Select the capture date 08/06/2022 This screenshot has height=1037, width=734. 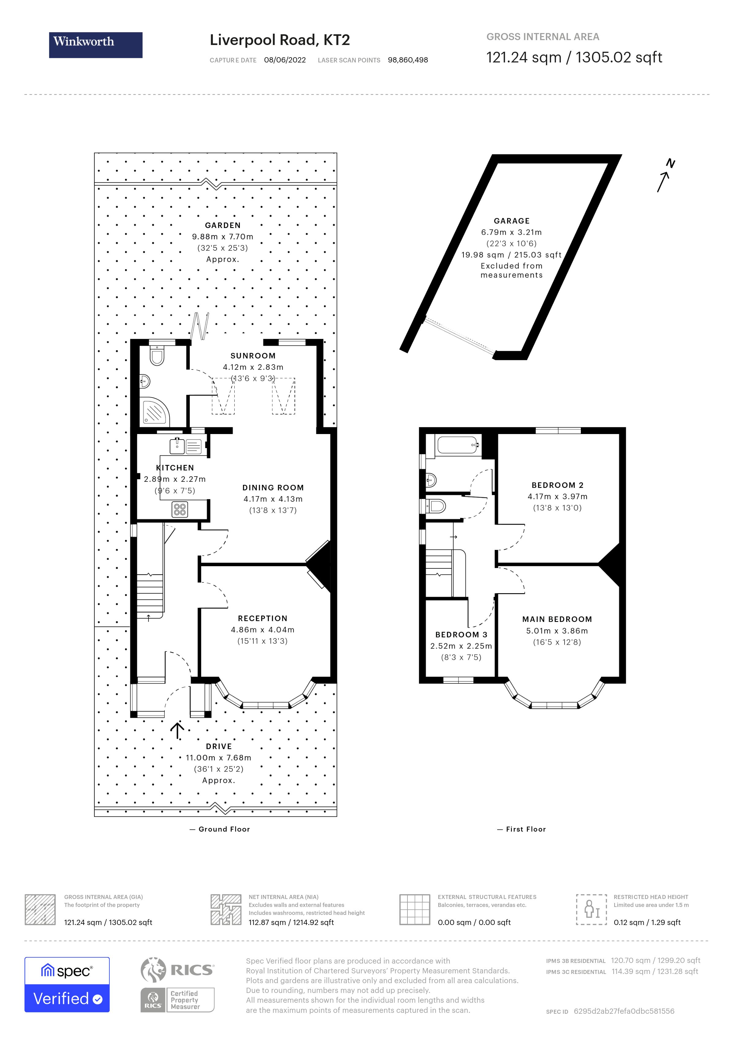coord(285,60)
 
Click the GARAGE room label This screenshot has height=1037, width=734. coord(511,221)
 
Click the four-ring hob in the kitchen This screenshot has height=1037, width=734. coord(180,509)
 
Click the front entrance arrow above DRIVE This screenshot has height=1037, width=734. coord(177,730)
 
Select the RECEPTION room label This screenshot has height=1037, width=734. coord(263,618)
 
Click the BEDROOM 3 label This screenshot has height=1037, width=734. coord(461,635)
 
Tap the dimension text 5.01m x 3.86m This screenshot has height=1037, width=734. coord(557,631)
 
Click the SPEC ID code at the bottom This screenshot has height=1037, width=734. coord(624,1011)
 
